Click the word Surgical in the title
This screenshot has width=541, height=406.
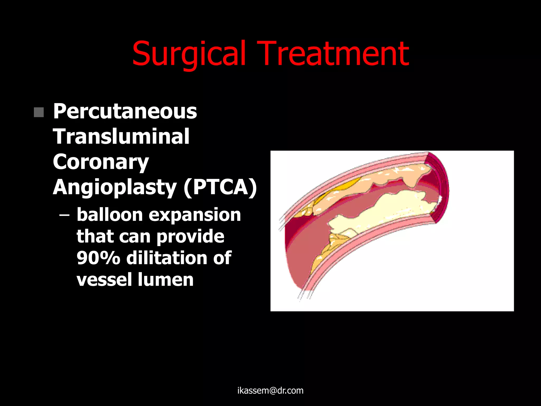pos(189,54)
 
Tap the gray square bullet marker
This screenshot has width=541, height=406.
pos(39,112)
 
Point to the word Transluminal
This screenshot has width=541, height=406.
pos(121,137)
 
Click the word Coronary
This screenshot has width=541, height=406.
pos(101,162)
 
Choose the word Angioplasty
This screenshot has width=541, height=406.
pos(115,187)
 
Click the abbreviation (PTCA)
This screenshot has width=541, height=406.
pos(220,187)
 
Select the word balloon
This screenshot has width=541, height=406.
pos(110,215)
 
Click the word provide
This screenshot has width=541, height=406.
pos(190,237)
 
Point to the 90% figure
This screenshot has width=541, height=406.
pos(98,258)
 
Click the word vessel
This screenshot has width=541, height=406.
pos(104,280)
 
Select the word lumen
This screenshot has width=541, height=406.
pos(166,280)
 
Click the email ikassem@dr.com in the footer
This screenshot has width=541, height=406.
pos(270,391)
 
